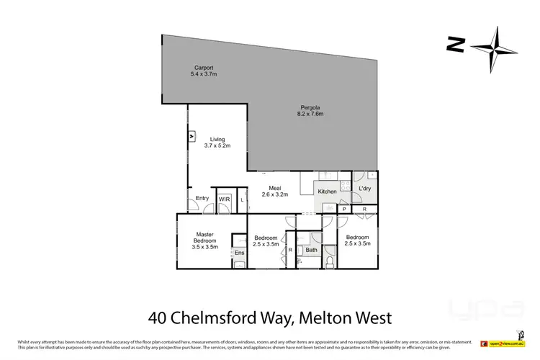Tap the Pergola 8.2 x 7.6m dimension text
(x=310, y=114)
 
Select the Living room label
(x=217, y=139)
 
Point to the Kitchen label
(x=327, y=192)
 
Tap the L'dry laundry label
(x=364, y=189)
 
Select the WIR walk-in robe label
(x=224, y=199)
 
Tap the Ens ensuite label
(x=239, y=253)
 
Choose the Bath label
(x=310, y=251)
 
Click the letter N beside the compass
(x=454, y=45)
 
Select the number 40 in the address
(x=159, y=316)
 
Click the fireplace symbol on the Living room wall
(x=192, y=135)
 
